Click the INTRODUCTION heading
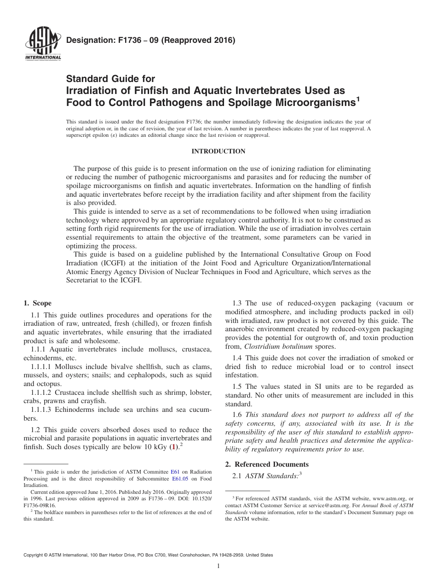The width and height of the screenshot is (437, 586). tap(218, 151)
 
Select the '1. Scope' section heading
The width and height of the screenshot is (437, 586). tap(37, 303)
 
